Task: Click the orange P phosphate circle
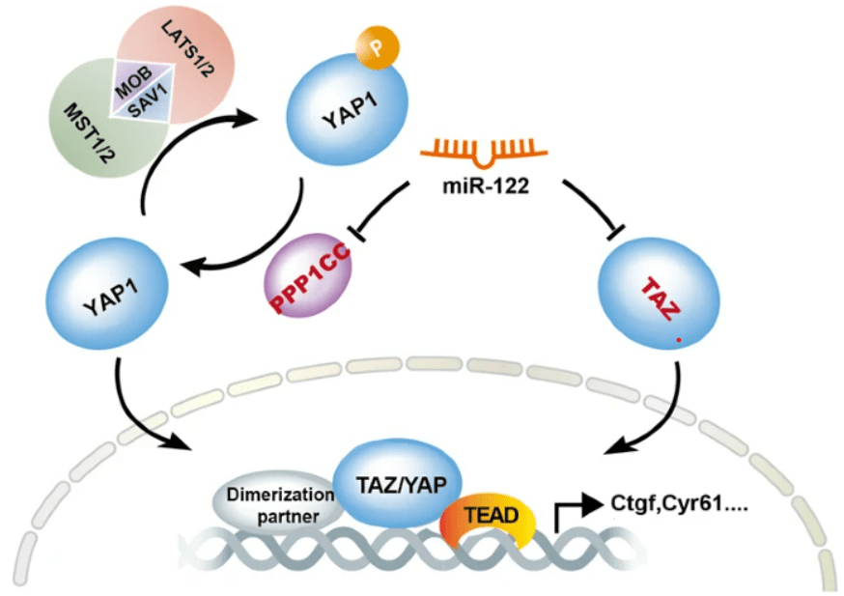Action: tap(377, 44)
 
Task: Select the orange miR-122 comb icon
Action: tap(479, 151)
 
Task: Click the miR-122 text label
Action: tap(480, 185)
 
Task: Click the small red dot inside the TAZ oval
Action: tap(678, 339)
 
